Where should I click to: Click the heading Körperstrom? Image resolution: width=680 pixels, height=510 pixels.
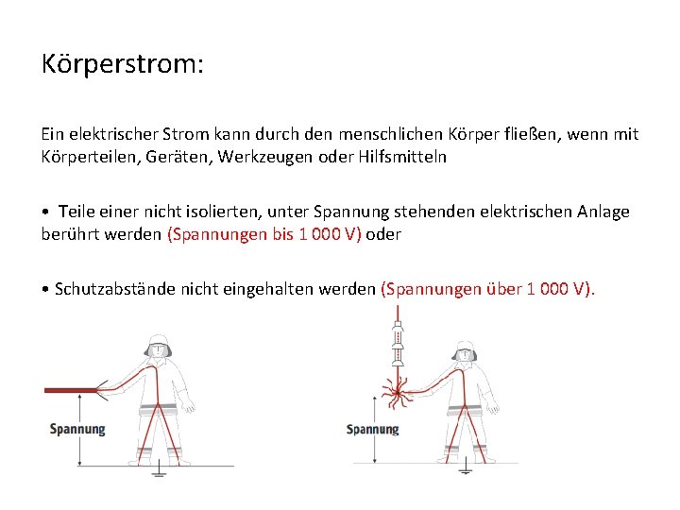coord(123,64)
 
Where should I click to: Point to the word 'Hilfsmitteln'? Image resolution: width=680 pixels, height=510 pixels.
coord(399,157)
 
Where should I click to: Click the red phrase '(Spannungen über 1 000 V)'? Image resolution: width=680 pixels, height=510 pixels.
coord(487,288)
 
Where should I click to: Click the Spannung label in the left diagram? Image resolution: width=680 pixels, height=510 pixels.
coord(77,429)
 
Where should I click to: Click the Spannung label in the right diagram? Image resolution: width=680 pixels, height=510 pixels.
coord(373,430)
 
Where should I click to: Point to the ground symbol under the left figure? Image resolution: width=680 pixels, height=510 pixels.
coord(159,470)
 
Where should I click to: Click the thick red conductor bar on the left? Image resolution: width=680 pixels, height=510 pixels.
coord(69,388)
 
